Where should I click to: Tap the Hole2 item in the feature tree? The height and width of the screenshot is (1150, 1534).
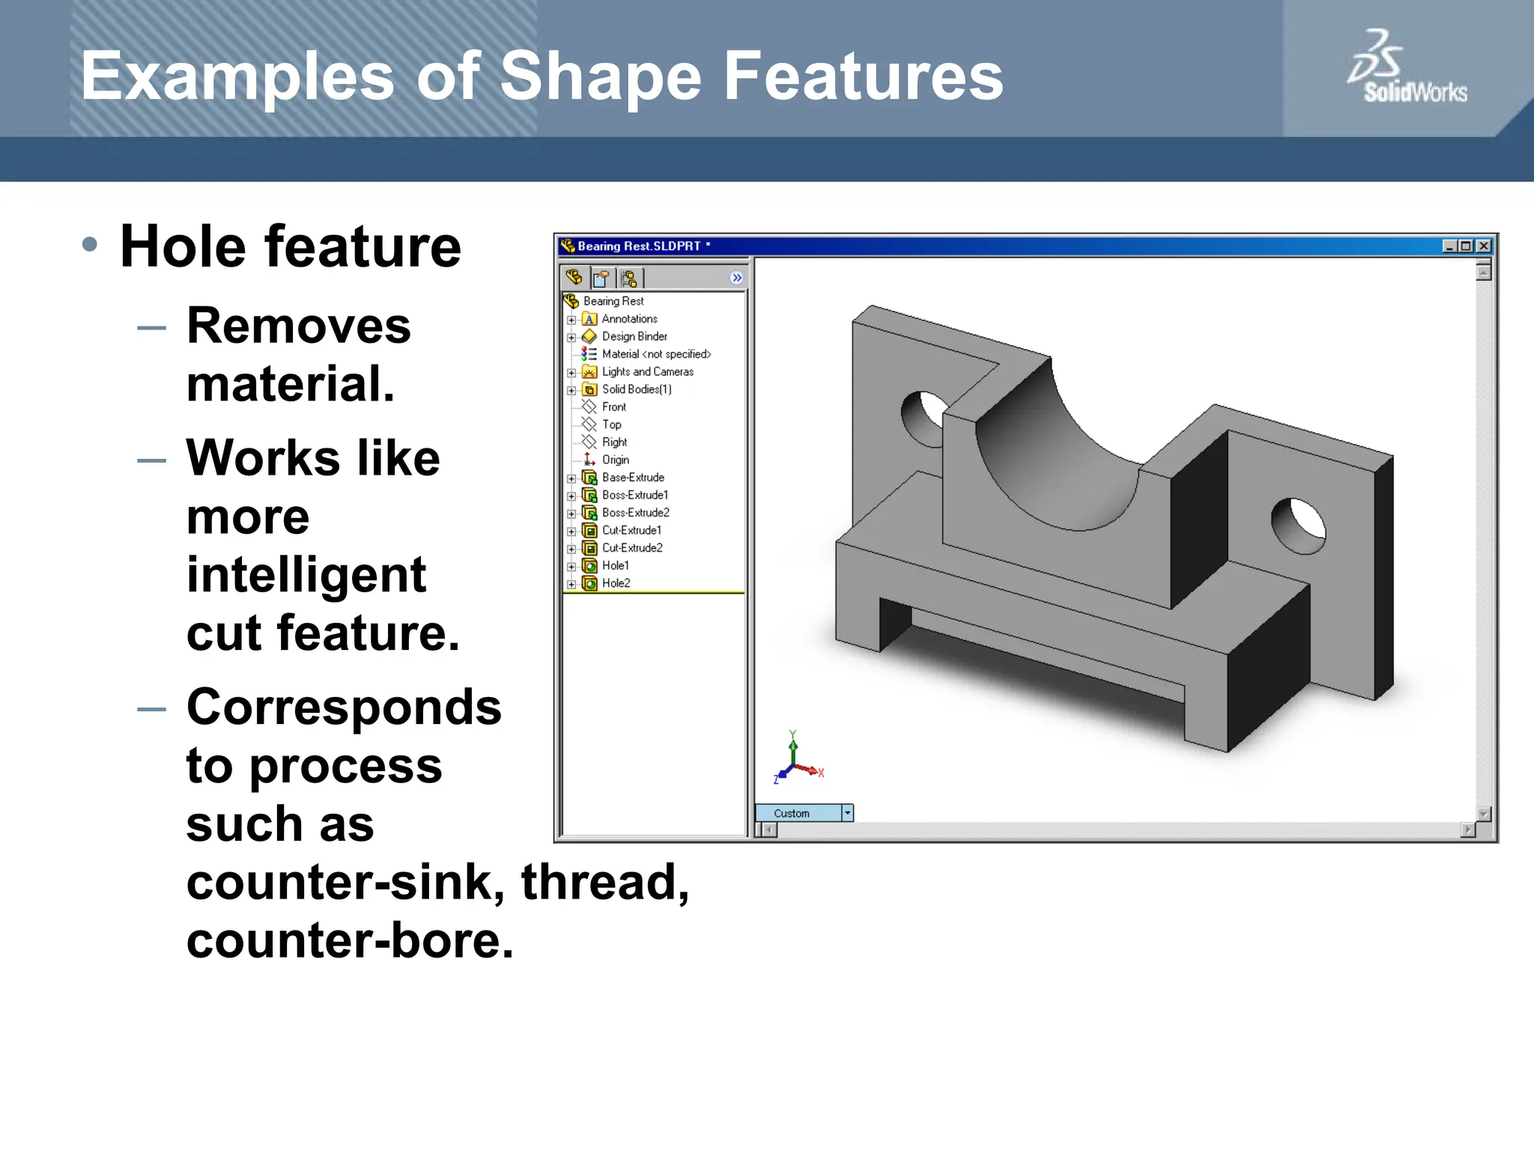(616, 583)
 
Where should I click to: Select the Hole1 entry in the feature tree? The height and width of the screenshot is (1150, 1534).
(615, 565)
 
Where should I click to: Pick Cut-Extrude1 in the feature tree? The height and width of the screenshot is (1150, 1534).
(631, 530)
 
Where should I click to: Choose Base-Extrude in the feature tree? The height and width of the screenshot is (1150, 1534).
(632, 477)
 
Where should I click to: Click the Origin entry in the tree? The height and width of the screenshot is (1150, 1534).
(615, 460)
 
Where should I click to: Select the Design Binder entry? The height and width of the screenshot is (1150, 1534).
(634, 336)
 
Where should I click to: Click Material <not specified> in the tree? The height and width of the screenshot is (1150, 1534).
(655, 354)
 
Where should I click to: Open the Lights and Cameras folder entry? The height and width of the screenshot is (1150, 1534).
(647, 371)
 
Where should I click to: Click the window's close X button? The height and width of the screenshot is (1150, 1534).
(1483, 246)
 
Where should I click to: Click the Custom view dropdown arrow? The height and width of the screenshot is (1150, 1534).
(847, 813)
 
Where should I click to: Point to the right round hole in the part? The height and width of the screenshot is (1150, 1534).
(1300, 525)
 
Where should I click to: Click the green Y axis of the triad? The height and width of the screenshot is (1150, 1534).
(793, 749)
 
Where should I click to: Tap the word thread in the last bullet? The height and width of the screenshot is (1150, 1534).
(604, 882)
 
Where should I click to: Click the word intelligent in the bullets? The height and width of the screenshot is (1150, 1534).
(306, 575)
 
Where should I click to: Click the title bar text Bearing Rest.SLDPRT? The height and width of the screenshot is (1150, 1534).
(638, 246)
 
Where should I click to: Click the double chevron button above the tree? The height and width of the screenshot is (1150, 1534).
(736, 278)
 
